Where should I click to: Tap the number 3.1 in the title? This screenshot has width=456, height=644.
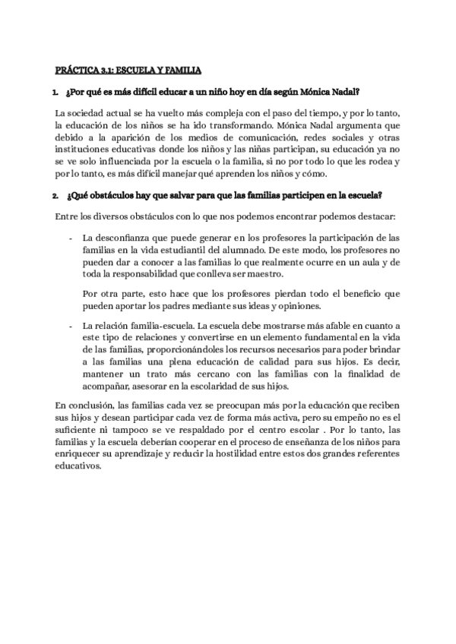108,71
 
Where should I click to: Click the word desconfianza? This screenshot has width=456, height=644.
124,238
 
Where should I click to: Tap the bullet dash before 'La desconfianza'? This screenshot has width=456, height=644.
71,238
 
